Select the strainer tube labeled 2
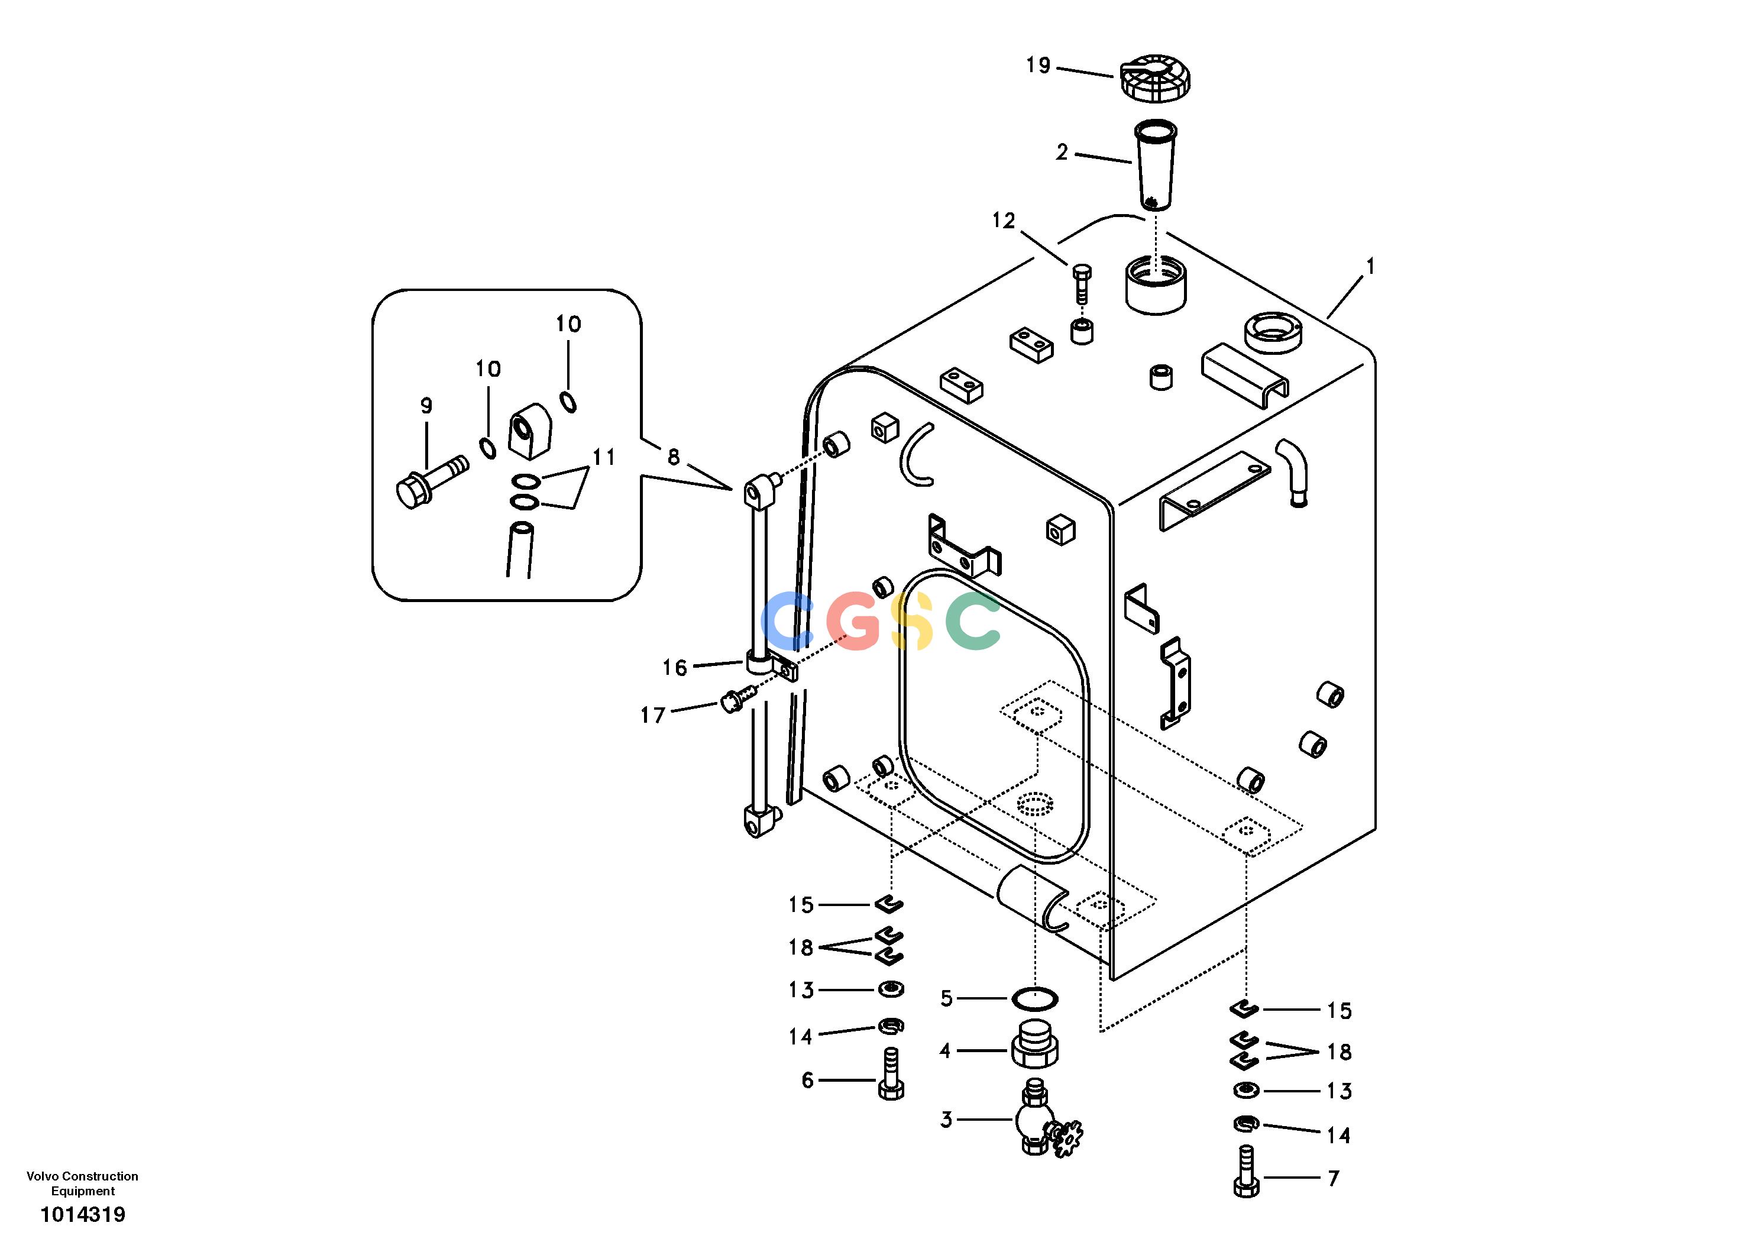click(x=1154, y=164)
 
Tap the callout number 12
click(x=1004, y=221)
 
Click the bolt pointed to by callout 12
click(x=1081, y=284)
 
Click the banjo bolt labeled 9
click(x=432, y=482)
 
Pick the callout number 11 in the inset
click(x=604, y=457)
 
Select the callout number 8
click(x=673, y=458)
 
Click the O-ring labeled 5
click(x=1035, y=998)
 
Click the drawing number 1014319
click(x=83, y=1214)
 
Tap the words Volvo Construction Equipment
click(x=83, y=1183)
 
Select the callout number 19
click(x=1038, y=65)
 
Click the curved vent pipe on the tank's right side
click(x=1294, y=471)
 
